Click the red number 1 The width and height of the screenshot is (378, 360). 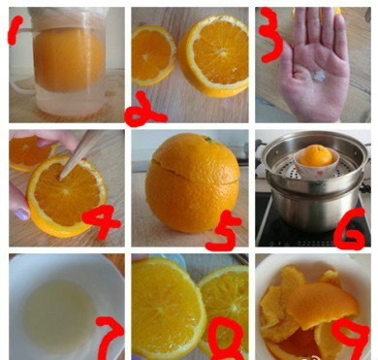[x=15, y=30]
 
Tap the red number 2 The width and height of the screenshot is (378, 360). [x=144, y=110]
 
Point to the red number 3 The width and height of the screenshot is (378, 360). [x=270, y=34]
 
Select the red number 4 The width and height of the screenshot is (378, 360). [x=101, y=221]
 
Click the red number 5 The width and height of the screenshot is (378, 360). [x=224, y=231]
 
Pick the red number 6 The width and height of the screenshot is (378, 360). [x=350, y=229]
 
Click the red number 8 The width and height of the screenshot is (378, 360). [x=226, y=337]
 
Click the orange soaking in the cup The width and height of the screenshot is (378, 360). [x=69, y=60]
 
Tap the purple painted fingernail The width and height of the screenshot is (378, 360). [x=22, y=213]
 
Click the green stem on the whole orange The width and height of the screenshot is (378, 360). [x=208, y=140]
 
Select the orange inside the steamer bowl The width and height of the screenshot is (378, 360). [x=316, y=155]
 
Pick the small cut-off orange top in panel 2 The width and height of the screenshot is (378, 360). [x=153, y=55]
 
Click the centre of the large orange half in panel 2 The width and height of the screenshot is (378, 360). [x=222, y=51]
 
